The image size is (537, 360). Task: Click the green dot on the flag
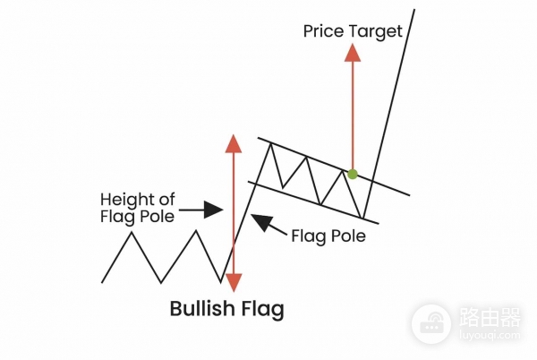[x=353, y=174]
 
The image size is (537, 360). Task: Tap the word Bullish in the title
[x=204, y=310]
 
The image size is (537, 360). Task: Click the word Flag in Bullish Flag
[x=262, y=310]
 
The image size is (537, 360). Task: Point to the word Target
[x=377, y=31]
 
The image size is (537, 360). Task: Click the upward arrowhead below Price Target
[x=353, y=51]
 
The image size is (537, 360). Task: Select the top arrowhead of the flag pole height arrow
[x=233, y=143]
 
